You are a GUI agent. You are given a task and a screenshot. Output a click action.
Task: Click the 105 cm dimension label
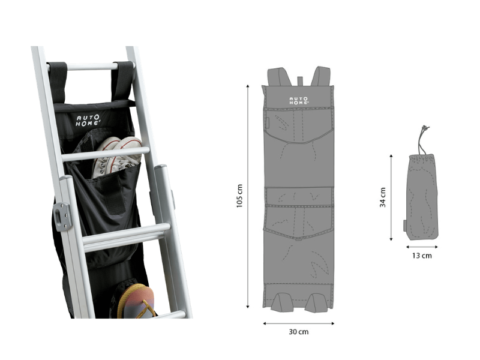[x=239, y=196]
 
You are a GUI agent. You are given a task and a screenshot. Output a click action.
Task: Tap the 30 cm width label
[x=298, y=332]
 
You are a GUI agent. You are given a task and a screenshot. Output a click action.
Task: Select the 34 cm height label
[x=383, y=197]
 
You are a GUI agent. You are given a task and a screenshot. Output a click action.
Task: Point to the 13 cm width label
[x=422, y=256]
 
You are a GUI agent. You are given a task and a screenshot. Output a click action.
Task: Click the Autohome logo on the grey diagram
[x=299, y=101]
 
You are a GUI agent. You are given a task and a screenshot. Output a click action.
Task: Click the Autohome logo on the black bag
[x=88, y=121]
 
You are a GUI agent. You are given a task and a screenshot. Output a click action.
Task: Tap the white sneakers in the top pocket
[x=116, y=157]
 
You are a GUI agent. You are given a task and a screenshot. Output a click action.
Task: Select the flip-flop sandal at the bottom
[x=137, y=302]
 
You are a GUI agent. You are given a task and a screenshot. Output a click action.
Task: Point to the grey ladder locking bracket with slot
[x=62, y=217]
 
